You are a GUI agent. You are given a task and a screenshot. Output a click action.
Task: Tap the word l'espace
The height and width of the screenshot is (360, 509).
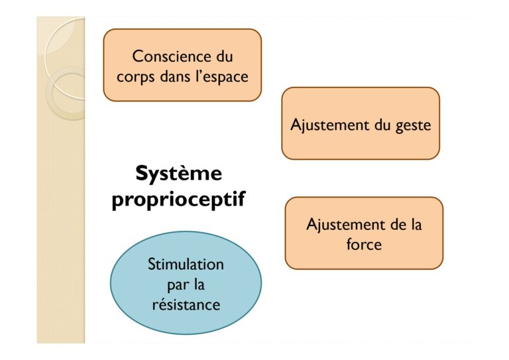pyautogui.click(x=221, y=78)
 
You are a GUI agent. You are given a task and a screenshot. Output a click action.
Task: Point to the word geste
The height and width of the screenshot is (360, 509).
pyautogui.click(x=414, y=125)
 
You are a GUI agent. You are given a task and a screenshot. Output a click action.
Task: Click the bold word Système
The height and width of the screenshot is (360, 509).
pyautogui.click(x=179, y=174)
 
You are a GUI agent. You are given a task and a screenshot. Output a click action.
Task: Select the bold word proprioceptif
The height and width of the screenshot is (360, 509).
pyautogui.click(x=178, y=199)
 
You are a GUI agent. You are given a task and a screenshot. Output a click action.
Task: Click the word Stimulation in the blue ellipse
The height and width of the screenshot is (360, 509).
pyautogui.click(x=186, y=265)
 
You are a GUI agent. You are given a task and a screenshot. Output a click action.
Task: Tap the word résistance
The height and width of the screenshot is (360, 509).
pyautogui.click(x=186, y=305)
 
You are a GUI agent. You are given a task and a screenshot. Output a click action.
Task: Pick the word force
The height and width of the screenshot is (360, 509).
pyautogui.click(x=364, y=244)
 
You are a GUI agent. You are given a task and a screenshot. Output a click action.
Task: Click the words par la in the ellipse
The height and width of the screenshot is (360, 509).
pyautogui.click(x=186, y=284)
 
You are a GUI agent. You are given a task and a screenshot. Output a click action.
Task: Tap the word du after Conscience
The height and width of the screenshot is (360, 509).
pyautogui.click(x=224, y=56)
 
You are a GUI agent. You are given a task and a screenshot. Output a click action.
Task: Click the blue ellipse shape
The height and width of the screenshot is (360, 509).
pyautogui.click(x=186, y=282)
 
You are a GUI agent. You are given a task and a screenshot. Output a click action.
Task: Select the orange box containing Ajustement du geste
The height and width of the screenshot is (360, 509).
pyautogui.click(x=361, y=123)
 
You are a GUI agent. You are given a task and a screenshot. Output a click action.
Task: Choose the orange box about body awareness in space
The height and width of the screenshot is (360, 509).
pyautogui.click(x=182, y=65)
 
